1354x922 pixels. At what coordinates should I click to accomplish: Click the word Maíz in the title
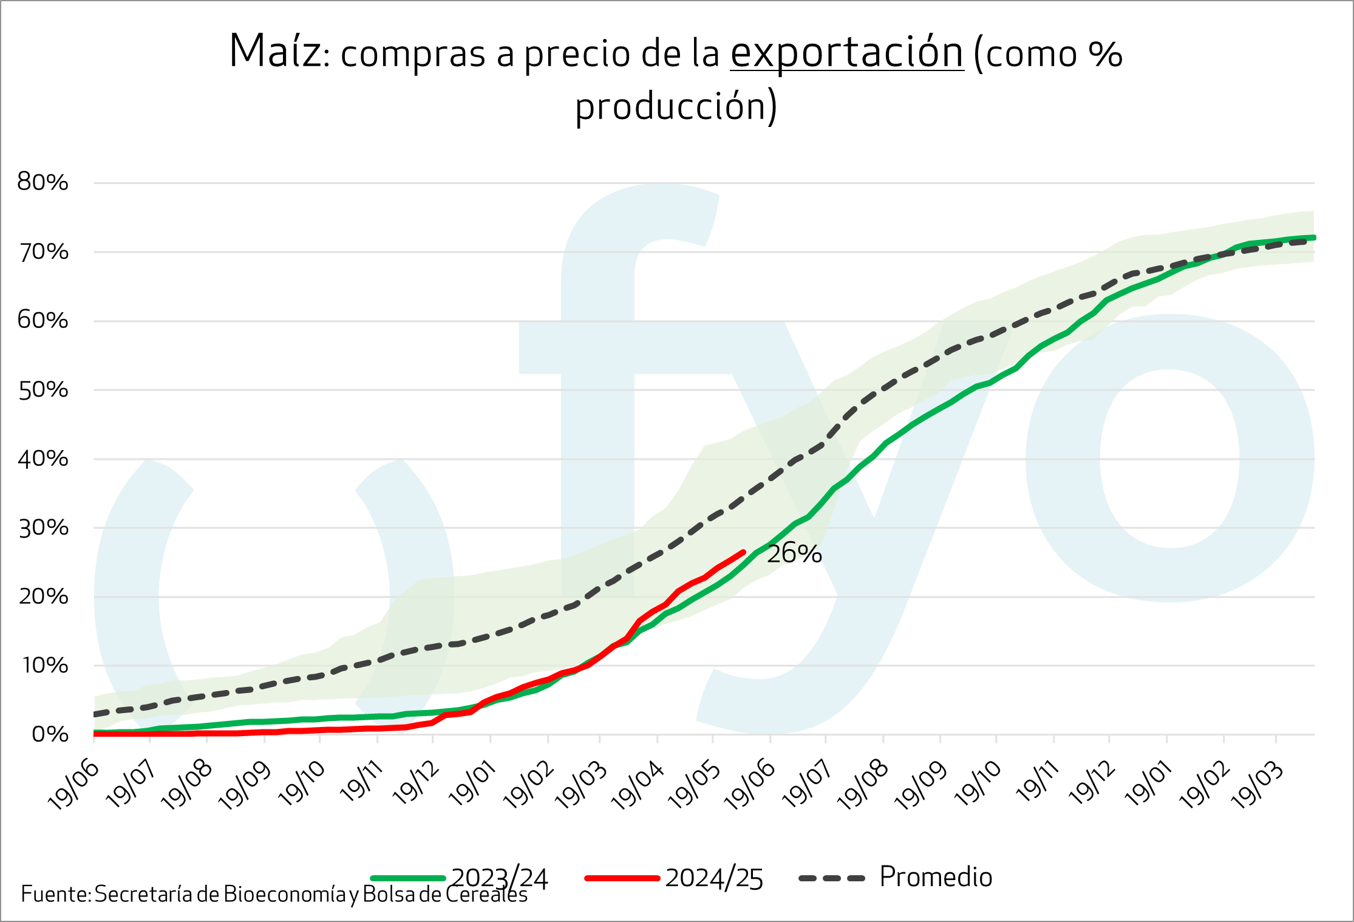point(275,51)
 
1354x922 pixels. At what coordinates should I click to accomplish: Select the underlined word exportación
point(846,53)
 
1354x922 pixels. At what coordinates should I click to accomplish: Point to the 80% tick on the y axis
point(43,182)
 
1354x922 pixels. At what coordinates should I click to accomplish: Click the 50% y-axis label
point(43,390)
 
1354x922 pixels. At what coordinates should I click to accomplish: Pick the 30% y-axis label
point(43,528)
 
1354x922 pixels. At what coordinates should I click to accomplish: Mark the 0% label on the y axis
point(50,734)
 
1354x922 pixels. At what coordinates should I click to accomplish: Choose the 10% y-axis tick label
point(44,666)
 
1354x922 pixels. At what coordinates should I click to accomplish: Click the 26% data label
point(794,554)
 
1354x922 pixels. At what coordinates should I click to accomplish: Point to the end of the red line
point(744,552)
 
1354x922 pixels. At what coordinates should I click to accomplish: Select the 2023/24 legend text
point(499,878)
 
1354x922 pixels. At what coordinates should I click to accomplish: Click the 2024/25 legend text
point(714,878)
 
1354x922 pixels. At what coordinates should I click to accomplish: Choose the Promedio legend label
point(936,877)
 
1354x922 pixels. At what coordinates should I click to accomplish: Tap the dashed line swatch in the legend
point(831,878)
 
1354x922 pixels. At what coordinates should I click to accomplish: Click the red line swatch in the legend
point(622,878)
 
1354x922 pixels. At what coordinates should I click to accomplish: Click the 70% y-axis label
point(43,251)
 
